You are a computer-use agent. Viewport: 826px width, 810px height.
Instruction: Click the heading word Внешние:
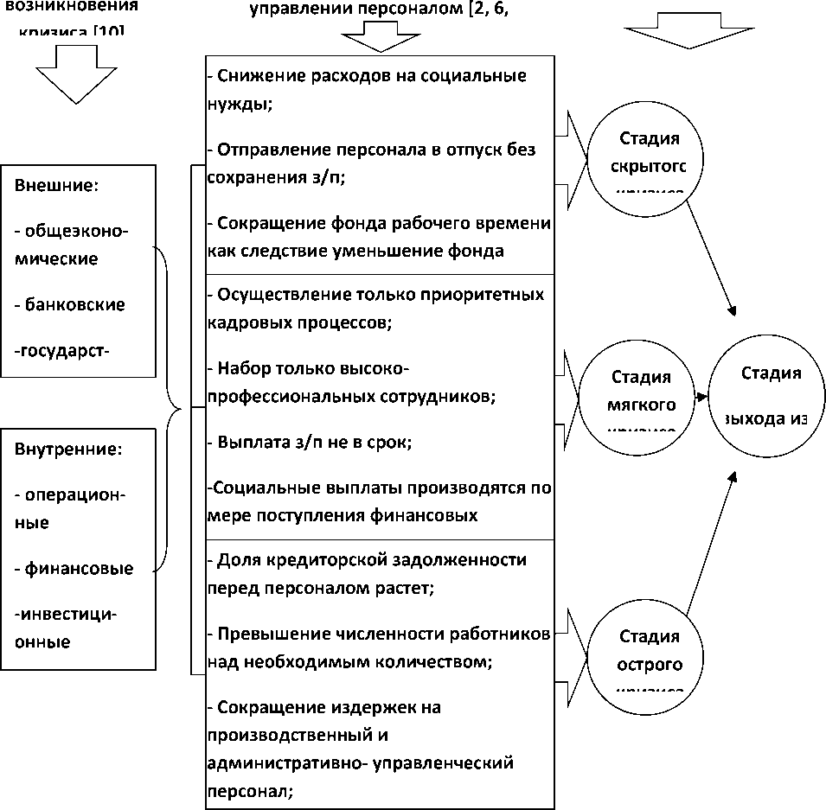[57, 186]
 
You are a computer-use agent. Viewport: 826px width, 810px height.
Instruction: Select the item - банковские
[70, 304]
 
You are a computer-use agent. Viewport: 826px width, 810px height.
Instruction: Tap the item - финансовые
[74, 569]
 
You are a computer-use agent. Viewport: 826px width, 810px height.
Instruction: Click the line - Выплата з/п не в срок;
[309, 442]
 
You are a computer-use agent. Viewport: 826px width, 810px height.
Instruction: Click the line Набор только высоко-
[308, 368]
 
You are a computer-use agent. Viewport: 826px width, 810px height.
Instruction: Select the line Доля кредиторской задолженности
[368, 559]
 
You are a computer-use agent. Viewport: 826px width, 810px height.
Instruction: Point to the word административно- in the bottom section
[278, 763]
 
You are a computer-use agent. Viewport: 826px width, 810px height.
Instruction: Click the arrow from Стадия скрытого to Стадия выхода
[708, 258]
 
